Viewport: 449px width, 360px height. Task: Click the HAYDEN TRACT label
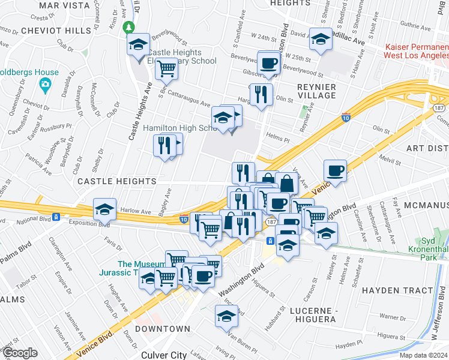pyautogui.click(x=397, y=290)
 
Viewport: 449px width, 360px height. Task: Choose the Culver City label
pyautogui.click(x=163, y=355)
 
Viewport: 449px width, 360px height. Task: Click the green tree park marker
pyautogui.click(x=128, y=28)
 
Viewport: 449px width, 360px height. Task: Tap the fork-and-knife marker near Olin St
pyautogui.click(x=261, y=94)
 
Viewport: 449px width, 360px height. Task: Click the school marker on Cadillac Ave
pyautogui.click(x=321, y=39)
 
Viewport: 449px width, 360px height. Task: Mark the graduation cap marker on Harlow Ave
pyautogui.click(x=104, y=209)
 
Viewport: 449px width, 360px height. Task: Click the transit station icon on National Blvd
pyautogui.click(x=56, y=217)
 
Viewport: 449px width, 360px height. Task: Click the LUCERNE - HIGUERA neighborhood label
pyautogui.click(x=312, y=314)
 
